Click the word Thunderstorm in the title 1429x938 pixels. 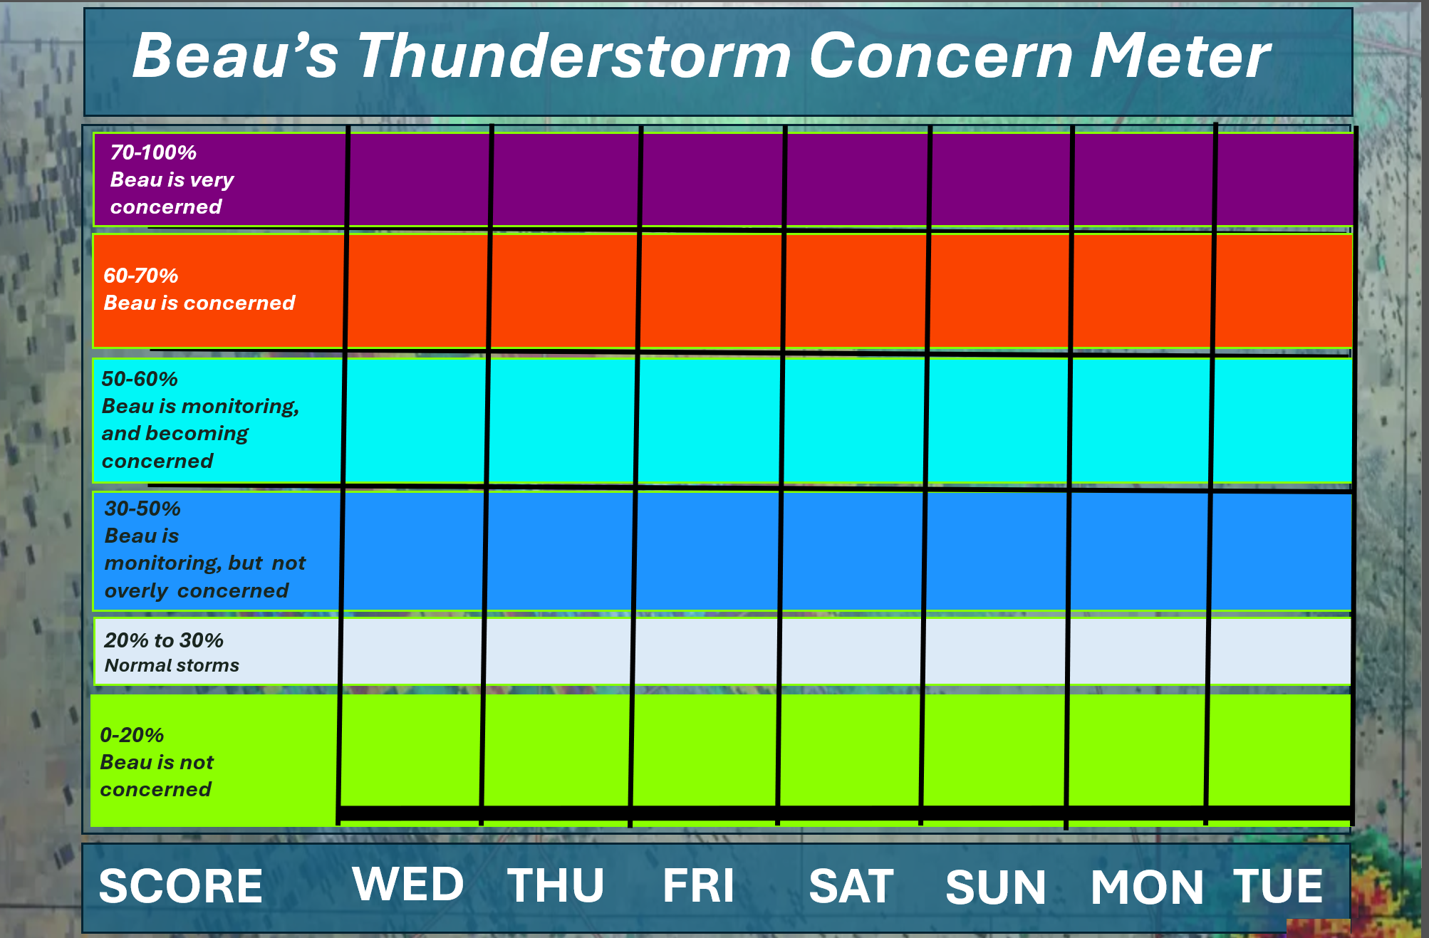point(574,56)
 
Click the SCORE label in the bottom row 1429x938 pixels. point(181,886)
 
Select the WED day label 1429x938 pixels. point(408,884)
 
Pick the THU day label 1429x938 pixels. point(556,885)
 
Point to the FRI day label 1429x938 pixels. point(698,885)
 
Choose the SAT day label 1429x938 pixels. point(851,886)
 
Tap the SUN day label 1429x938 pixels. point(996,887)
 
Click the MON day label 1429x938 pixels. point(1147,887)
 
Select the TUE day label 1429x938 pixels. point(1278,886)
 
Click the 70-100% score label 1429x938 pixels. point(153,152)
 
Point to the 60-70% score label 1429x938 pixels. point(141,276)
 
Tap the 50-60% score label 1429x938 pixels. point(140,379)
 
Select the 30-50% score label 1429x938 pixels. point(142,509)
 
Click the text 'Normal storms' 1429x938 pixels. point(172,665)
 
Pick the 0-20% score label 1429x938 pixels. point(132,735)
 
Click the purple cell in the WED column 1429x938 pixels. point(419,179)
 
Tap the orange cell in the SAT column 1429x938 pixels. point(856,291)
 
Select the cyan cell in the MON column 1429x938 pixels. point(1140,420)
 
